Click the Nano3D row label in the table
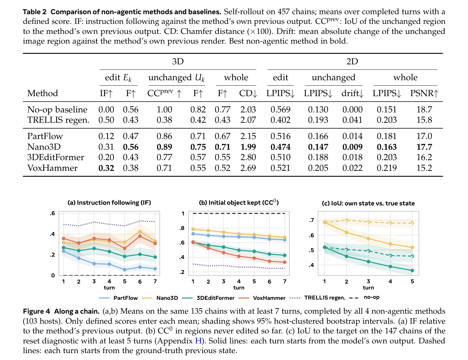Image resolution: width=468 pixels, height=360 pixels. click(44, 147)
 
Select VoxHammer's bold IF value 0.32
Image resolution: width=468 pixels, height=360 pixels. click(106, 168)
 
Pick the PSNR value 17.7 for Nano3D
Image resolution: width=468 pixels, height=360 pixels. click(424, 147)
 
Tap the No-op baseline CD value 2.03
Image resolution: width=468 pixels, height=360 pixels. click(248, 109)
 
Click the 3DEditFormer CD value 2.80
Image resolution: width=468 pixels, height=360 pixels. click(248, 157)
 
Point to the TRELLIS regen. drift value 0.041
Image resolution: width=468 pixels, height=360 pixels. click(352, 120)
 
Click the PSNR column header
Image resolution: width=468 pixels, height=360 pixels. click(424, 93)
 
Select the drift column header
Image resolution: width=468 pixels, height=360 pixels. click(352, 93)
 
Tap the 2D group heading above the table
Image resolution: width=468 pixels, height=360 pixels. click(352, 62)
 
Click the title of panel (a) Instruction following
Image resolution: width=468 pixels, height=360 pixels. click(109, 203)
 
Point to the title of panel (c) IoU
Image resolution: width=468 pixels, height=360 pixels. click(368, 203)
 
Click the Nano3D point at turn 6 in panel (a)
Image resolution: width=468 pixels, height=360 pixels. click(140, 232)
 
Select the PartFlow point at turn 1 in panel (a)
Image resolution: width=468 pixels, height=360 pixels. click(64, 251)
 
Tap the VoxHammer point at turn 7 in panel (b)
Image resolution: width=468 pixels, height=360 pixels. click(285, 262)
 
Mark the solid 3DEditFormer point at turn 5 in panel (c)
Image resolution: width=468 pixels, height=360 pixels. click(412, 270)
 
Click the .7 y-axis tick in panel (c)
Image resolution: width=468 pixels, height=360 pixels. click(311, 220)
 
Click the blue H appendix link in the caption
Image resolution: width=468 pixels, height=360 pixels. click(198, 341)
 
